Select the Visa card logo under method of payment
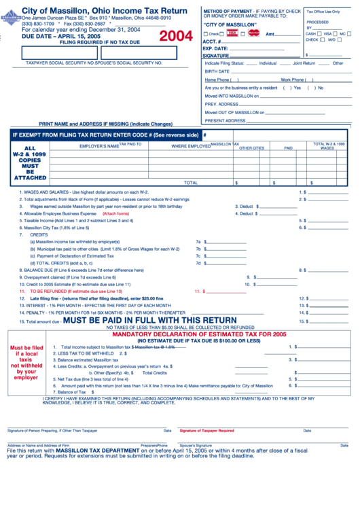[x=232, y=33]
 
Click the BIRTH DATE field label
[x=217, y=71]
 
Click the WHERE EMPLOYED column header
[x=190, y=146]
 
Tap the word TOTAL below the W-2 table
[x=191, y=182]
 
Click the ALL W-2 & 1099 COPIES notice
[x=30, y=163]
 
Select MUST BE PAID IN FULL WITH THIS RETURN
[x=149, y=320]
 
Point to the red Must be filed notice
[x=26, y=363]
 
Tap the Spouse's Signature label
[x=195, y=445]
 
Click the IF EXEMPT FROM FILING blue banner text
[x=105, y=135]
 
